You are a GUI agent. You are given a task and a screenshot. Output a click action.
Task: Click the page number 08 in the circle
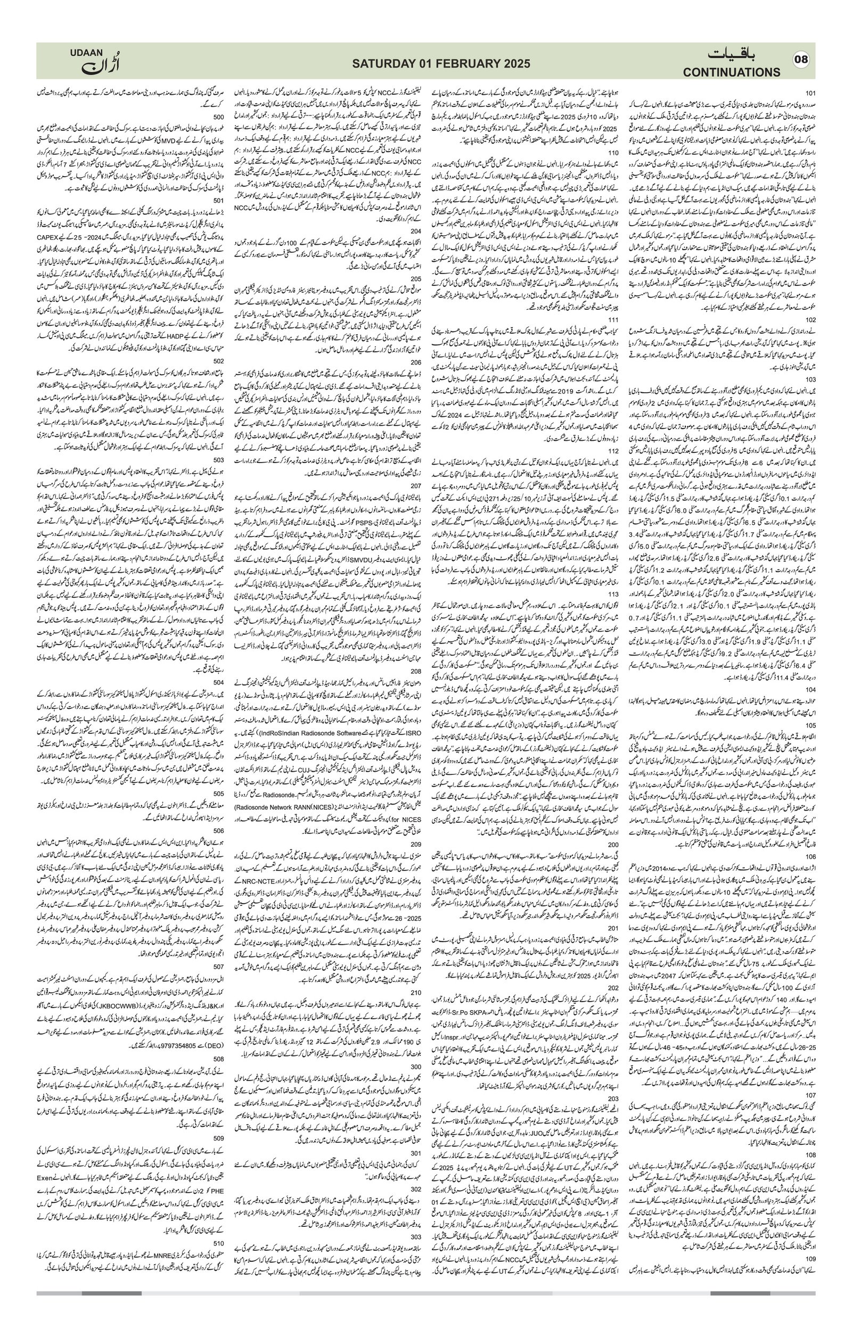click(801, 60)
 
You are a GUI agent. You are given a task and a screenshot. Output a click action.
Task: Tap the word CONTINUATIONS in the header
click(732, 72)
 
